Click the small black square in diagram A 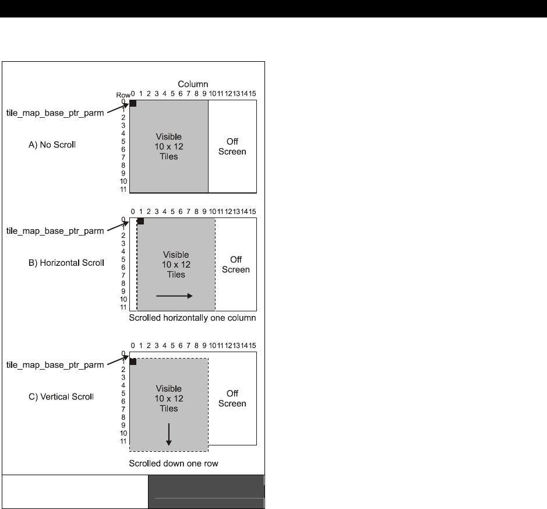[x=133, y=103]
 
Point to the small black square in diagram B [x=140, y=221]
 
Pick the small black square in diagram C [x=133, y=361]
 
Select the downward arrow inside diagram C [x=169, y=434]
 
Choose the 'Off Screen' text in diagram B [x=236, y=265]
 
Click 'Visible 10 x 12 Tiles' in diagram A [x=169, y=147]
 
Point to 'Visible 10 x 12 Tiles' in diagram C [x=169, y=399]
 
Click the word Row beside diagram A [x=122, y=94]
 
